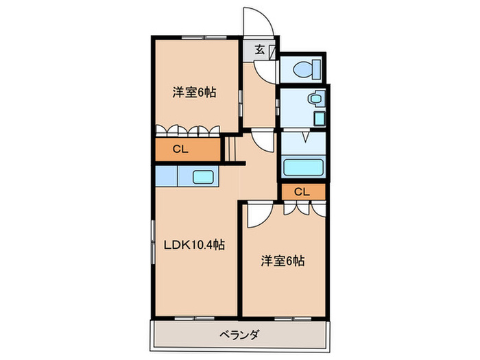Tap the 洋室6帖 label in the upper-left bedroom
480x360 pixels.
194,92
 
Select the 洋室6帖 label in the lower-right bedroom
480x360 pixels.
283,261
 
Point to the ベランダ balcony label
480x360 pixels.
239,335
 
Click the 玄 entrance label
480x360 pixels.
261,49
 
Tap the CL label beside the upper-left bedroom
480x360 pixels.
181,149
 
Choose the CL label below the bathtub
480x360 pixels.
302,192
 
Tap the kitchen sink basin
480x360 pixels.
203,178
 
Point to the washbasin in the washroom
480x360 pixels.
316,99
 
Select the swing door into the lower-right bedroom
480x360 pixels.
259,215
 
